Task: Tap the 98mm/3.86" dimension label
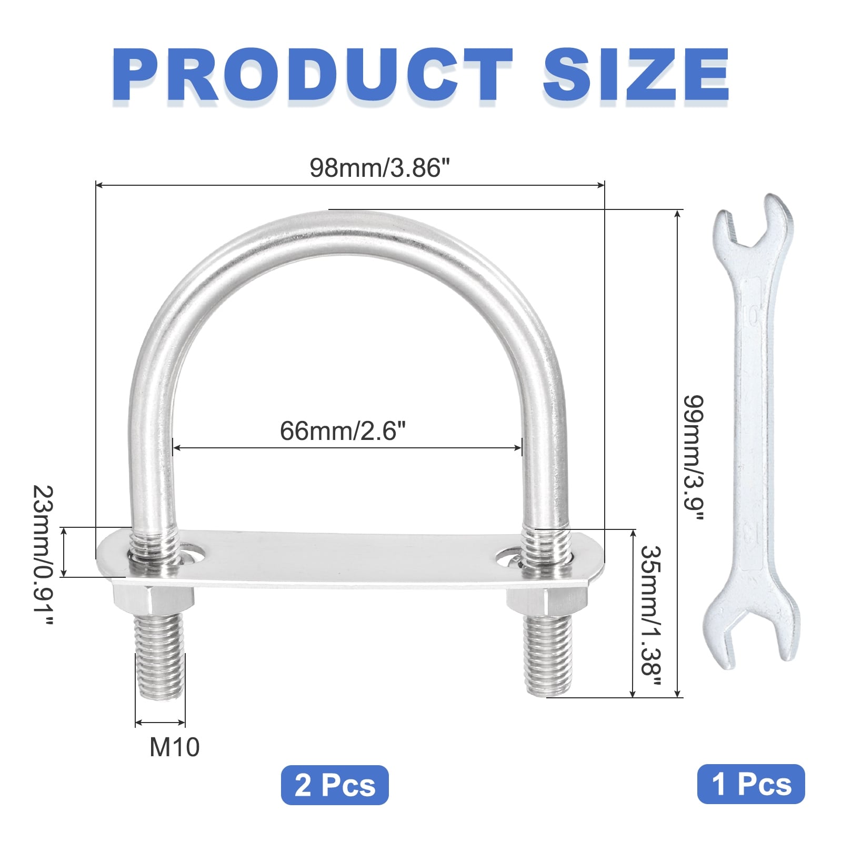click(x=380, y=168)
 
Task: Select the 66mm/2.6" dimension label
click(x=343, y=431)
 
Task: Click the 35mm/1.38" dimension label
click(x=650, y=616)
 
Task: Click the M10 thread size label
click(x=175, y=747)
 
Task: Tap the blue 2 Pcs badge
click(x=335, y=785)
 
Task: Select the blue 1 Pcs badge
click(x=751, y=784)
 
